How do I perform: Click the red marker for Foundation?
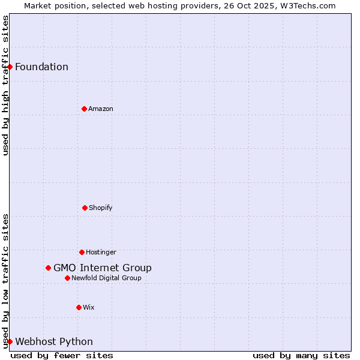tap(10, 67)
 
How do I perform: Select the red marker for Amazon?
tap(84, 109)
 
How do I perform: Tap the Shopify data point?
tap(85, 208)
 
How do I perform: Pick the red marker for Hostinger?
tap(82, 252)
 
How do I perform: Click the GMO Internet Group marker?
tap(48, 268)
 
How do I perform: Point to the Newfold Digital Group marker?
tap(67, 278)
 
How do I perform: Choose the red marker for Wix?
tap(79, 307)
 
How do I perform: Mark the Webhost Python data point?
tap(10, 341)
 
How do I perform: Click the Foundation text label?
tap(41, 67)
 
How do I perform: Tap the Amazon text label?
tap(101, 109)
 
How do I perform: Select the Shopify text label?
tap(101, 208)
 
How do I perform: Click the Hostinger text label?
tap(101, 252)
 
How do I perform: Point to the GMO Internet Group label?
tap(103, 268)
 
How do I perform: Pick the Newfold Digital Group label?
tap(106, 278)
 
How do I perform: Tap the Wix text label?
tap(89, 307)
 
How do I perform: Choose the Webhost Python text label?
tap(54, 341)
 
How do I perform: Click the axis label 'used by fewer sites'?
tap(62, 355)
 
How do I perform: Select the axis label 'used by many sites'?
tap(301, 355)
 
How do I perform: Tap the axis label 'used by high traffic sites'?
tap(5, 85)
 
